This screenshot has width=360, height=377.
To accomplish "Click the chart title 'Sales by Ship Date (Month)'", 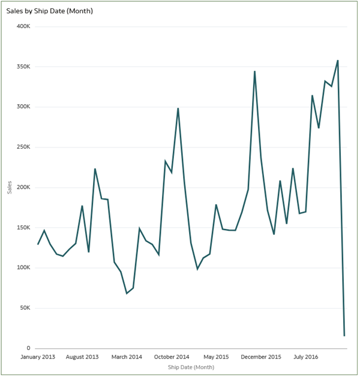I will coord(50,11).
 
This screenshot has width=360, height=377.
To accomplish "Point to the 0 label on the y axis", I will coord(28,348).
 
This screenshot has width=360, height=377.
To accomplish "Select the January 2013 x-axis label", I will coord(38,357).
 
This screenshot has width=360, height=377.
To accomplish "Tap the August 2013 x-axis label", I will coord(82,357).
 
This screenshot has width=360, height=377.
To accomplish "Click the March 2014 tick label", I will coord(127,357).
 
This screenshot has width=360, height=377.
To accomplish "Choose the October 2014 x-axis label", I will coord(172,357).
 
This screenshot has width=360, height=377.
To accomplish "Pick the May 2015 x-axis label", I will coord(216,357).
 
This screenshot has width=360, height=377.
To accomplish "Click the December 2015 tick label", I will coord(261,357).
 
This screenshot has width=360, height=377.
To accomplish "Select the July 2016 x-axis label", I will coord(305,357).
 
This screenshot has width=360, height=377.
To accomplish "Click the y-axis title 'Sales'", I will coord(9,188).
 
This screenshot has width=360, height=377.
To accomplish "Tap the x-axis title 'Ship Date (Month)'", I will coord(191,367).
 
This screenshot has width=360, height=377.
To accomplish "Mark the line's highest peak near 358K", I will coord(338,61).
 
